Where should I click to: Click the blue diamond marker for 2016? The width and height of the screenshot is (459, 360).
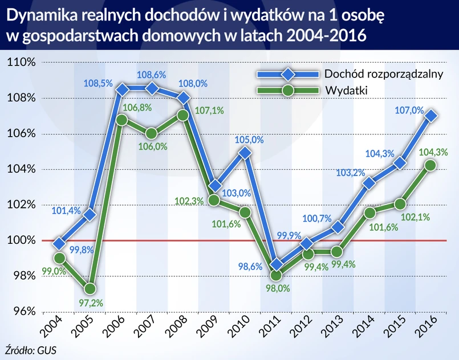[431, 116]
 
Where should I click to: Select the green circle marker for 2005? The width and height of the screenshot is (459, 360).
[90, 289]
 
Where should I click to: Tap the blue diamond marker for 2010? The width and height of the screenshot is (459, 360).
[245, 152]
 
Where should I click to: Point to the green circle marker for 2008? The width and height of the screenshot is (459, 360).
[182, 115]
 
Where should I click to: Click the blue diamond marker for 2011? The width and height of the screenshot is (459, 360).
[276, 265]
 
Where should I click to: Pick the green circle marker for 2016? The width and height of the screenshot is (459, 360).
[431, 165]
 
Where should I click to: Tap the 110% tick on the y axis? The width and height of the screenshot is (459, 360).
[22, 63]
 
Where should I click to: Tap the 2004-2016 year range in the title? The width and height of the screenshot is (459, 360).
[326, 36]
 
